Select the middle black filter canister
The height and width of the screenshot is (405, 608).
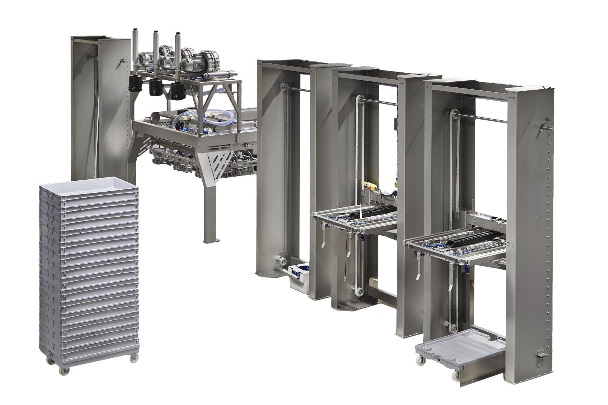point(155,87)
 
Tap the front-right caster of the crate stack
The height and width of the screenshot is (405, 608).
point(134,358)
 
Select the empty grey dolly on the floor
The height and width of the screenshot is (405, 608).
point(458,348)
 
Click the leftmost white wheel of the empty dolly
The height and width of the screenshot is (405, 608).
point(421,360)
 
